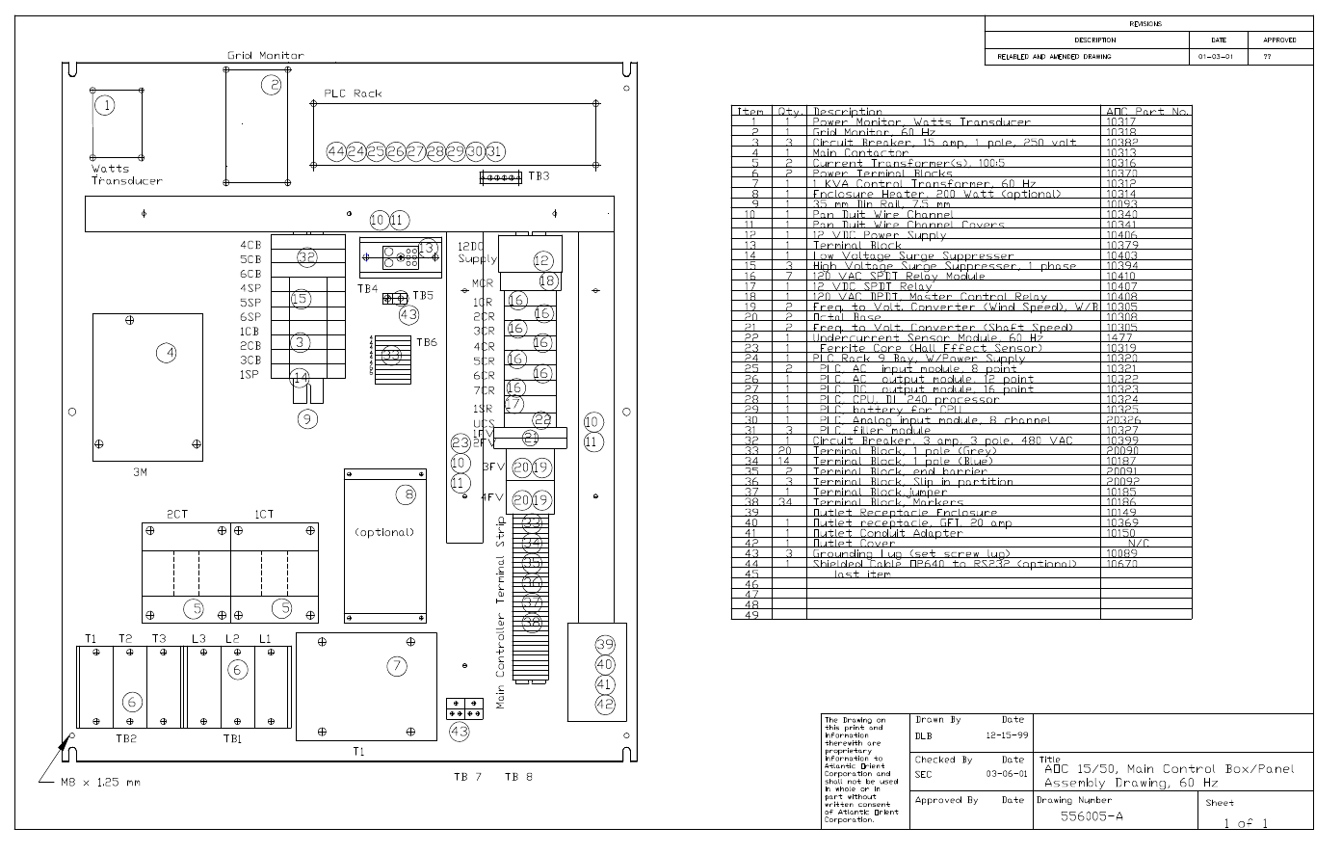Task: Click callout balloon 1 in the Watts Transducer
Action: coord(105,105)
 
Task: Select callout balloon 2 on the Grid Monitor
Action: coord(273,85)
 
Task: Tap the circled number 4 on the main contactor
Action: coord(168,353)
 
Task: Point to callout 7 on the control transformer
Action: coord(397,665)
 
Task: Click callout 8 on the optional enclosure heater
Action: coord(405,494)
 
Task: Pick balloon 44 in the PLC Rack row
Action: coord(335,151)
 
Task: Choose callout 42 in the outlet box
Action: coord(604,704)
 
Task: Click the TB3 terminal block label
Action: coord(539,176)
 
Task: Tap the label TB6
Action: coord(427,342)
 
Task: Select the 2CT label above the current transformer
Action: coord(177,514)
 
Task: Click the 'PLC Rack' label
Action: coord(353,93)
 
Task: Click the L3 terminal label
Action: coord(198,639)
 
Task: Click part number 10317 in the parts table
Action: coord(1121,122)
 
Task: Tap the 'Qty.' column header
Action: coord(790,112)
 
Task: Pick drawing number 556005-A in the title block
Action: coord(1092,816)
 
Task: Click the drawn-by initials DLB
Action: coord(924,735)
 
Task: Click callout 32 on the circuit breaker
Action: coord(307,257)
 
